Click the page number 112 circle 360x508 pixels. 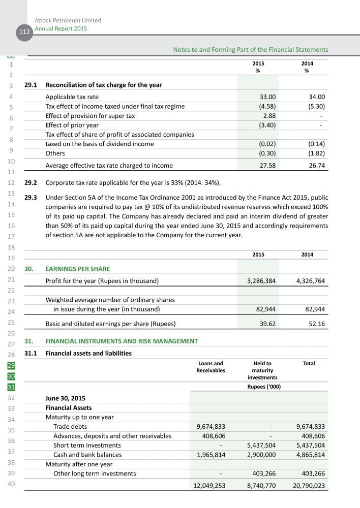pos(22,32)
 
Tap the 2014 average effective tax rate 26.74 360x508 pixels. pos(314,165)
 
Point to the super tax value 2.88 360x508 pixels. pos(267,116)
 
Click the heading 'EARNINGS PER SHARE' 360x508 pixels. pos(78,269)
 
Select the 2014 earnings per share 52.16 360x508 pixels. pos(316,324)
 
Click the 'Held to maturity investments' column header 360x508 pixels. pos(262,370)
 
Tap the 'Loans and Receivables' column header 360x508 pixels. pos(211,367)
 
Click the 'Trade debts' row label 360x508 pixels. pos(70,427)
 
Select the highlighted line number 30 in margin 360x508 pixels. pos(11,376)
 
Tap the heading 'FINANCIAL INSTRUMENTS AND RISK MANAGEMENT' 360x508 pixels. pos(122,341)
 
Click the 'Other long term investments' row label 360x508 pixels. pos(95,473)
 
